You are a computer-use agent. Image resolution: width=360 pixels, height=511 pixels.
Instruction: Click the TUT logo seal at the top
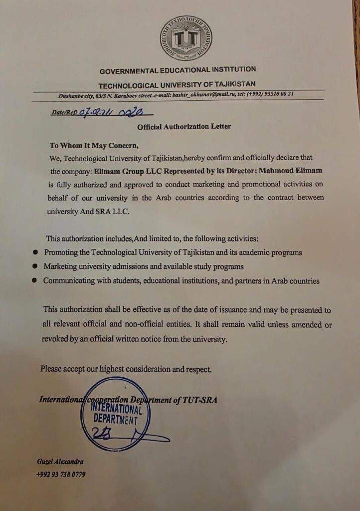185,38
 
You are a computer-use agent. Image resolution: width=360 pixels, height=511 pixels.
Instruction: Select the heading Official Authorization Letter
184,127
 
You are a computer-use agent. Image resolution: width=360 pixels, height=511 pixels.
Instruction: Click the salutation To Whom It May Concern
93,146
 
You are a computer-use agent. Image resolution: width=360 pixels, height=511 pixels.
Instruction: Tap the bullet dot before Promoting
35,253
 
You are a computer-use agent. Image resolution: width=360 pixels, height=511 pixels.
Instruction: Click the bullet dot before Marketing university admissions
34,266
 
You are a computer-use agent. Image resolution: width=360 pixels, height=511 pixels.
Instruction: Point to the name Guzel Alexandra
60,461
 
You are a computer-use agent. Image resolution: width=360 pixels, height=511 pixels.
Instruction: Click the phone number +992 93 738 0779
60,475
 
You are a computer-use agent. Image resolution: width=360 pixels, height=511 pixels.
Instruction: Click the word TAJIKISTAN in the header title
229,85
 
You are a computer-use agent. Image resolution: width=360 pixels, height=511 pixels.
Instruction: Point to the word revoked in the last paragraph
55,339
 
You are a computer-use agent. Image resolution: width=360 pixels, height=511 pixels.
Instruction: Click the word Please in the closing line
51,370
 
